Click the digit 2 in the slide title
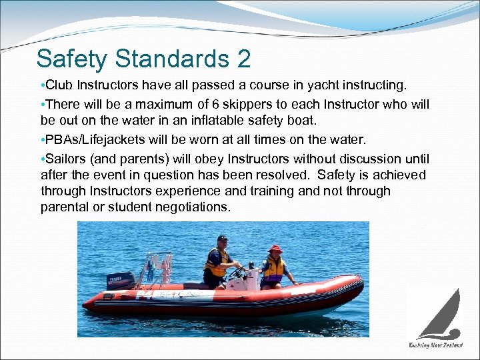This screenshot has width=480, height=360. (243, 59)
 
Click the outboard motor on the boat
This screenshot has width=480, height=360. (120, 280)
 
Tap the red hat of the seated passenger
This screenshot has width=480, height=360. (275, 249)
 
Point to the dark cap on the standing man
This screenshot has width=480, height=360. (223, 238)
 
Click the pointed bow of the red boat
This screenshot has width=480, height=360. (357, 283)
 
